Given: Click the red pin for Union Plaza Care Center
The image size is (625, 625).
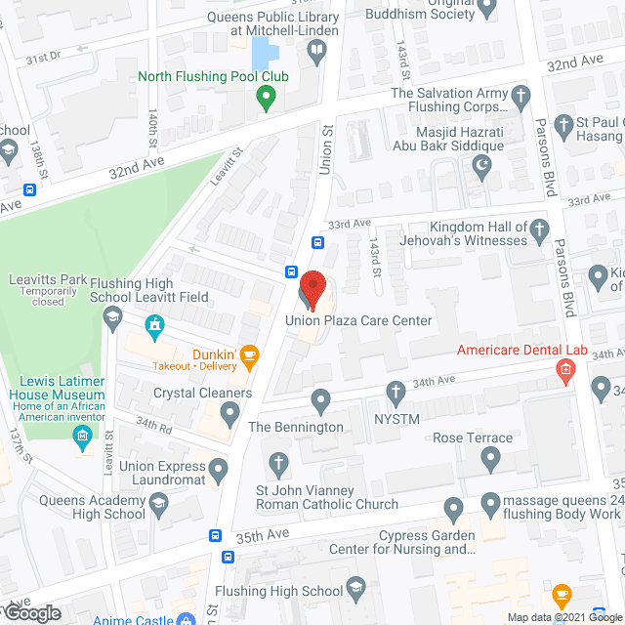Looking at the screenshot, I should tap(312, 286).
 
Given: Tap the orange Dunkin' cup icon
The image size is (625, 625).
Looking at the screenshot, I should tap(249, 355).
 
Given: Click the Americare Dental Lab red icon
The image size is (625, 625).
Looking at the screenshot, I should tap(563, 369).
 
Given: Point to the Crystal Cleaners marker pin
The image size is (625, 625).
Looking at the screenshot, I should tap(230, 413).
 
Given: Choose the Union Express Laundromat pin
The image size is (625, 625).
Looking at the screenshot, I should tap(218, 469).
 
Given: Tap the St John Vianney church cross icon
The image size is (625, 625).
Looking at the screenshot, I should tap(278, 462).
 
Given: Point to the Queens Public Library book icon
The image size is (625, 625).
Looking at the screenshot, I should tap(316, 55).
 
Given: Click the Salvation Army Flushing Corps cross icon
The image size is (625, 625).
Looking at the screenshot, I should tap(521, 96).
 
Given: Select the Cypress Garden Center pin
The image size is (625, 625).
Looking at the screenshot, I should tap(452, 507).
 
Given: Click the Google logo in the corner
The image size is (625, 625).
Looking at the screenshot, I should tap(33, 613).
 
